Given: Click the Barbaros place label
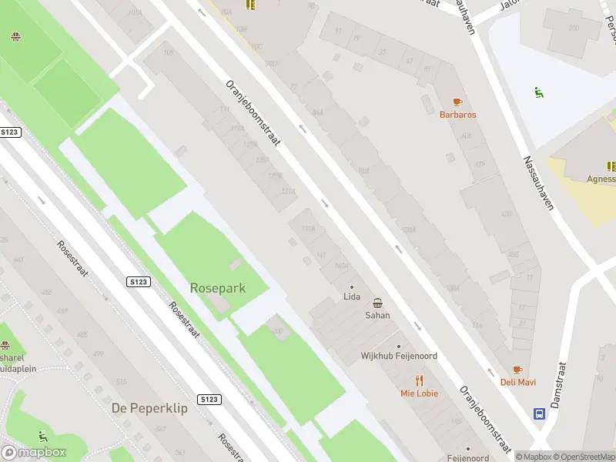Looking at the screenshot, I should (x=457, y=115).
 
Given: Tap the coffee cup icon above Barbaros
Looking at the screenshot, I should (x=457, y=102).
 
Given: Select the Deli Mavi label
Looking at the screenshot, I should (x=518, y=382).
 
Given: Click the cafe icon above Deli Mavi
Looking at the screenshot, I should (x=518, y=370).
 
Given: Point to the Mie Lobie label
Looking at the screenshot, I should (x=419, y=393).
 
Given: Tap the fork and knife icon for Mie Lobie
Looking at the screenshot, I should (x=419, y=380).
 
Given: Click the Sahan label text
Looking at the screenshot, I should (x=377, y=315).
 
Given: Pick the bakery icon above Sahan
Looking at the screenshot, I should (x=377, y=303).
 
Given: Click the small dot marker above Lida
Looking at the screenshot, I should (x=352, y=287).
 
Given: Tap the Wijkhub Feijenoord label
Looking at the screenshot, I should (x=400, y=357).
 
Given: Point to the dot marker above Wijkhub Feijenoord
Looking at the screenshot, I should (x=399, y=346).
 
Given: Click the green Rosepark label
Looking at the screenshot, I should (x=218, y=288).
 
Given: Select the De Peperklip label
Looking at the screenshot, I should (x=149, y=408).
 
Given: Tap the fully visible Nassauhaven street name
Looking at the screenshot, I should (x=539, y=184).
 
